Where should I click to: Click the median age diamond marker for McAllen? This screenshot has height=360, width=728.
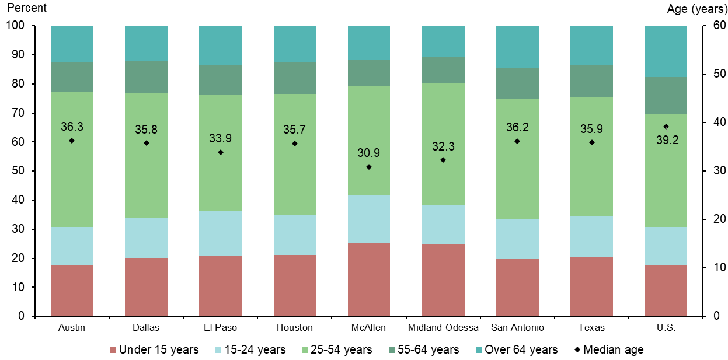[x=368, y=167]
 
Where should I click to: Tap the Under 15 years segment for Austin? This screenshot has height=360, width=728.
[x=72, y=290]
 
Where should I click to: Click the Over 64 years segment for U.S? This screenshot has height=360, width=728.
[x=666, y=51]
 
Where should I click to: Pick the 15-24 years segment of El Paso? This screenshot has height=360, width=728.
[x=220, y=233]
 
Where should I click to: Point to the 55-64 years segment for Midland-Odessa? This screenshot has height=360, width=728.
[x=443, y=70]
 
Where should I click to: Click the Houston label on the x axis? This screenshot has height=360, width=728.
[x=294, y=327]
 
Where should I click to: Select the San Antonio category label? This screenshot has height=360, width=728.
[x=517, y=327]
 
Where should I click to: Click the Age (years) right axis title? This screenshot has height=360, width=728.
[x=696, y=9]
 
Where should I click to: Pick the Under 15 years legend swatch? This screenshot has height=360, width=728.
[x=113, y=350]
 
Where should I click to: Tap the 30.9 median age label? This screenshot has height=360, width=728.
[x=368, y=153]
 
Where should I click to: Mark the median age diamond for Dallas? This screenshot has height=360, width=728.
[x=146, y=143]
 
